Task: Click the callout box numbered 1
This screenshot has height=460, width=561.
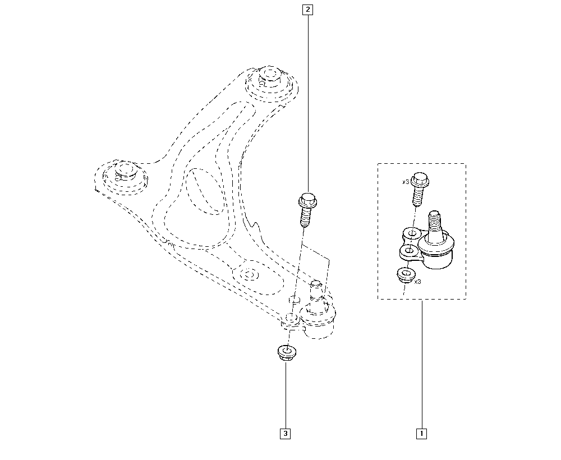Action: pos(421,434)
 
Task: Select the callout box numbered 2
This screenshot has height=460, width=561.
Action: pos(307,10)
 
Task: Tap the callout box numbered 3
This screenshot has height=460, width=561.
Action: pos(285,434)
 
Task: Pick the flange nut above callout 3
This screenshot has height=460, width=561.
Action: pos(287,353)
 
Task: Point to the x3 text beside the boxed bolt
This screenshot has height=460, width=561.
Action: pos(406,182)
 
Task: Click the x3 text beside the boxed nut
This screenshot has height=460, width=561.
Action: pos(417,282)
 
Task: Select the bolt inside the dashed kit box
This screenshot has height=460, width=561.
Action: pos(419,190)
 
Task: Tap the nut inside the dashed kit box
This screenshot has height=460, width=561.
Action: pos(406,275)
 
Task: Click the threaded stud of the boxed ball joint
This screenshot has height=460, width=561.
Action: pos(434,226)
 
